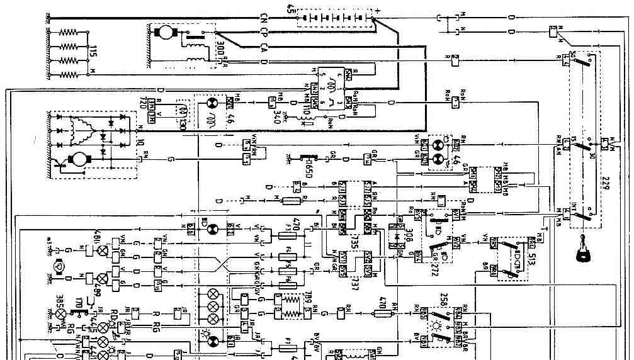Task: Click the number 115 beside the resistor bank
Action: click(93, 52)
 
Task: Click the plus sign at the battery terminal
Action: click(378, 11)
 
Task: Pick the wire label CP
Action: click(264, 31)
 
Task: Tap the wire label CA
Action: click(264, 46)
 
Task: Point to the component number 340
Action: click(276, 116)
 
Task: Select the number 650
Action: click(309, 167)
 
